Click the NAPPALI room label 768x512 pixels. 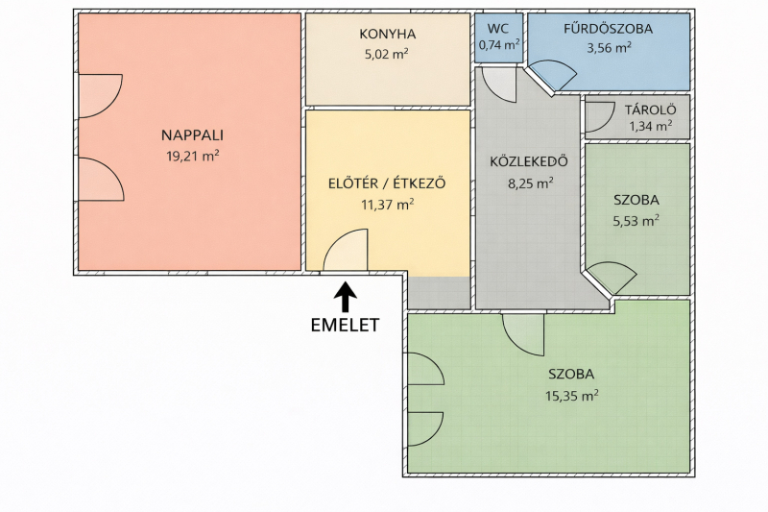(193, 134)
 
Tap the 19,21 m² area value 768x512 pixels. (193, 156)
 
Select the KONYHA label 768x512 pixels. (388, 34)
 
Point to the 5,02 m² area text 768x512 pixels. (387, 54)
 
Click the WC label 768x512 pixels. (498, 29)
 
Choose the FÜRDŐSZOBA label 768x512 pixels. (609, 29)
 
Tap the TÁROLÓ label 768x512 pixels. (651, 110)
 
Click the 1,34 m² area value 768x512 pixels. (651, 126)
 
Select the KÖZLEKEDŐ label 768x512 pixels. (529, 161)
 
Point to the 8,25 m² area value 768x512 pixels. (531, 183)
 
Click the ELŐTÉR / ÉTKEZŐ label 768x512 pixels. (387, 183)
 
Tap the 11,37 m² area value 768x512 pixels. (388, 204)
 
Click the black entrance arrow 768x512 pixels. (346, 297)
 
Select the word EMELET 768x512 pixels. (346, 326)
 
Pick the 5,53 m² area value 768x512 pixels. (636, 221)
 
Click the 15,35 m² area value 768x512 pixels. (571, 395)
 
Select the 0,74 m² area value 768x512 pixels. (498, 45)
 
